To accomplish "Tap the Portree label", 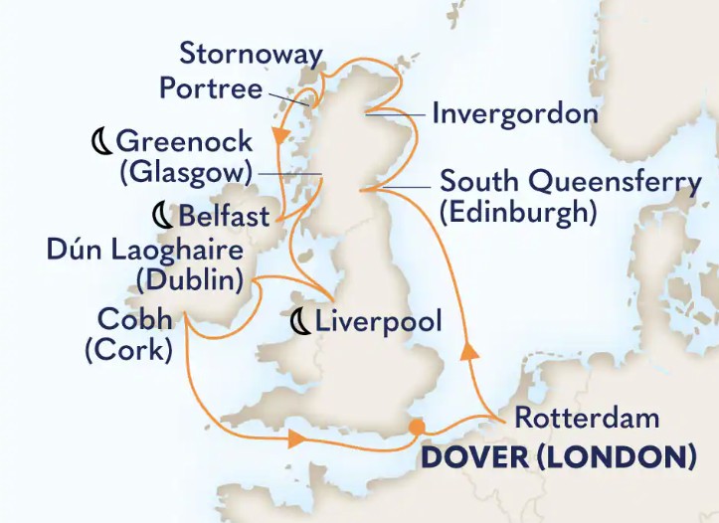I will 211,88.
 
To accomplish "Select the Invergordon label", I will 514,113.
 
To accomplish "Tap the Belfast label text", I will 225,215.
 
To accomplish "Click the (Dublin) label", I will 191,280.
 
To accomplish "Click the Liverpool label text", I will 378,320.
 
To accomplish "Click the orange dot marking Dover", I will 417,428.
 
